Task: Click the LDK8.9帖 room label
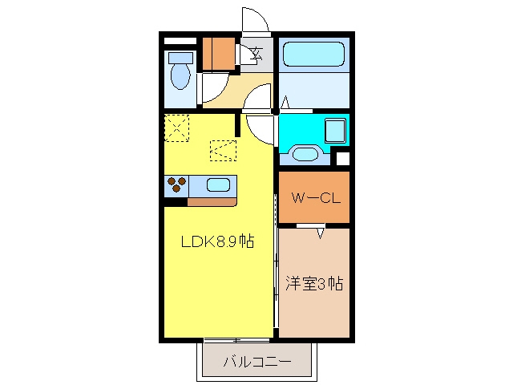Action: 217,241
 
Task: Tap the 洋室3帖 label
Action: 314,283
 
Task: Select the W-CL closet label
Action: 316,198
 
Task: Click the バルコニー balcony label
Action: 257,362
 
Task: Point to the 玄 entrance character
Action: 256,54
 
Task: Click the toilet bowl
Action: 180,76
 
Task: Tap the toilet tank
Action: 180,59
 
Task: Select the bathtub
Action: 313,54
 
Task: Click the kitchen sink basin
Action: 219,185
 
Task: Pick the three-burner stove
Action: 176,184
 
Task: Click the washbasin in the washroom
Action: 305,154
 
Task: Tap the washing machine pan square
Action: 335,130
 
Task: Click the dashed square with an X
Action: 176,128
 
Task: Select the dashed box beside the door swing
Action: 223,151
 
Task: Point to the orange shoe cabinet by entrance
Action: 219,54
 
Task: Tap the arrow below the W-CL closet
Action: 321,233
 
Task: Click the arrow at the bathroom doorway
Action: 285,102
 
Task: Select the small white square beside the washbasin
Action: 343,159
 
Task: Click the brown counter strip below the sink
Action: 212,202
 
